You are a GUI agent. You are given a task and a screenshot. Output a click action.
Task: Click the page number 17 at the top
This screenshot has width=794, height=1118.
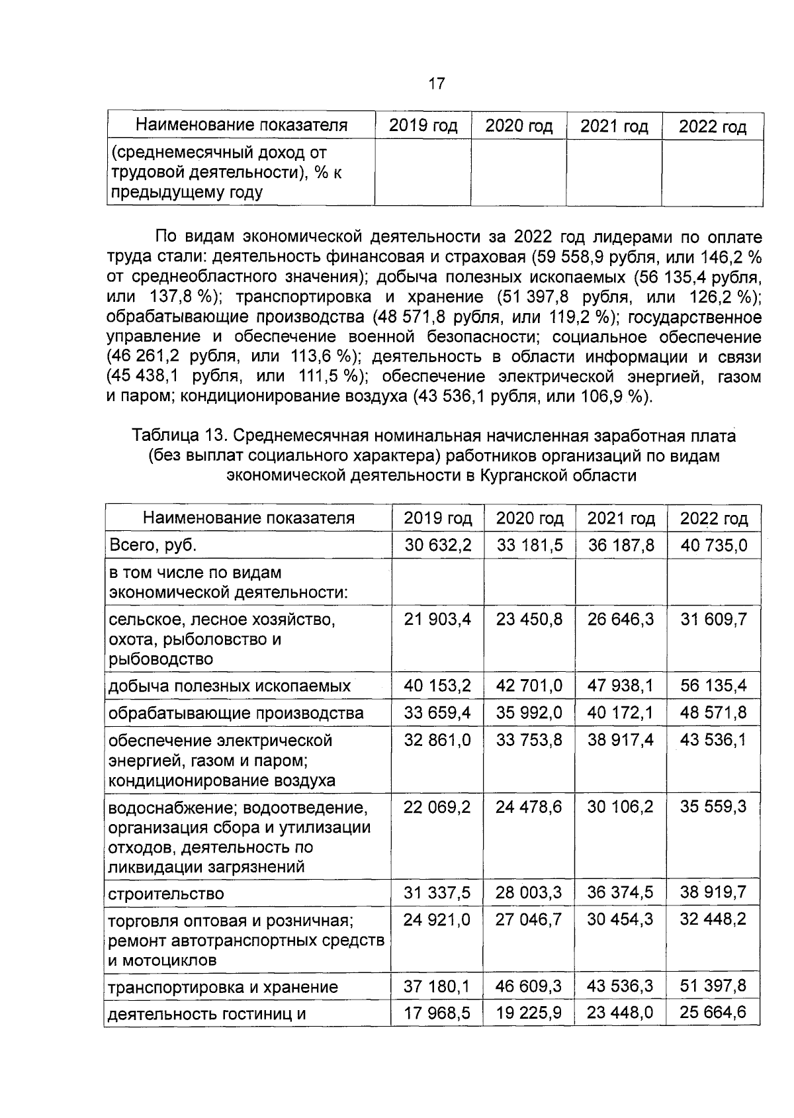point(437,84)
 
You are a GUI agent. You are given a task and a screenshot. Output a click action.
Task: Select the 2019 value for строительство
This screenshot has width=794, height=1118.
point(437,893)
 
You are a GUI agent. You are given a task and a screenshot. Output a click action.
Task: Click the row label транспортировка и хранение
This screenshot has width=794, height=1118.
point(223,988)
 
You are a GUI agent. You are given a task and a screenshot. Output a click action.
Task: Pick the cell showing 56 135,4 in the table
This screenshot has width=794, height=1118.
point(713,685)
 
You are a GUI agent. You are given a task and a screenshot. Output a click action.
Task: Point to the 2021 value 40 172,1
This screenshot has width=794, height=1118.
point(620,713)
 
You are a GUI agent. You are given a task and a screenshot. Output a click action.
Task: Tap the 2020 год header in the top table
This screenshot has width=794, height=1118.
point(519,126)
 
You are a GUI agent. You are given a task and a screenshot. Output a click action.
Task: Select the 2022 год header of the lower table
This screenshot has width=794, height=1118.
point(713,518)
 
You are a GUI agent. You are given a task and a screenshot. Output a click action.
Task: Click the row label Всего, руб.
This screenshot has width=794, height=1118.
point(153,545)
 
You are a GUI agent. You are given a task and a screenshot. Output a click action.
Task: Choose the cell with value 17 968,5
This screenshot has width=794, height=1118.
point(437,1013)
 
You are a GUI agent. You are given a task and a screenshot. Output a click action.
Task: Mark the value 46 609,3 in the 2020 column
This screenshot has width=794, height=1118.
point(529,986)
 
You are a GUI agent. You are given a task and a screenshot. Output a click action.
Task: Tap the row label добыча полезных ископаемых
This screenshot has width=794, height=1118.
point(229,686)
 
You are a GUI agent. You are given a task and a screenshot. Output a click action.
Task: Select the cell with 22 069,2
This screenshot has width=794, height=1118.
point(437,807)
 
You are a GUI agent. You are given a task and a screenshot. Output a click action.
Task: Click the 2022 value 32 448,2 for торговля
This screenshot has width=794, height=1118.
point(713,919)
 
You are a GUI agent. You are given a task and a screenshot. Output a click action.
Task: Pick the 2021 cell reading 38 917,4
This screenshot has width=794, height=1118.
point(620,739)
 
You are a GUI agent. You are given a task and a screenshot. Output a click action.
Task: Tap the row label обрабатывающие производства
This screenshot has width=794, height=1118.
point(236,714)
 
